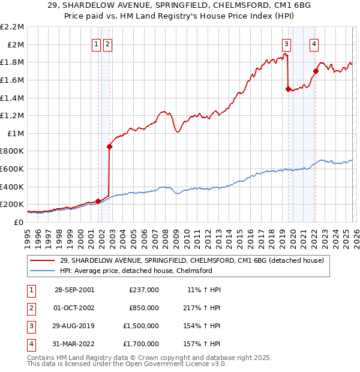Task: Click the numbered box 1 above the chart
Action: [96, 43]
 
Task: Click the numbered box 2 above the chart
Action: [107, 43]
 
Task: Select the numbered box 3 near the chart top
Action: [287, 43]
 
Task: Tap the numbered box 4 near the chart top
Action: [314, 43]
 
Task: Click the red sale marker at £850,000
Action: [109, 146]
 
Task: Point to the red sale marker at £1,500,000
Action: [288, 89]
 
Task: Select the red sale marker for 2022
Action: [316, 71]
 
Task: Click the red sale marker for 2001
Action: [98, 201]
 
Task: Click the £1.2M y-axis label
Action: [13, 115]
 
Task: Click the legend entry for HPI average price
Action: [136, 271]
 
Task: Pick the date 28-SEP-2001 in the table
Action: [75, 290]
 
